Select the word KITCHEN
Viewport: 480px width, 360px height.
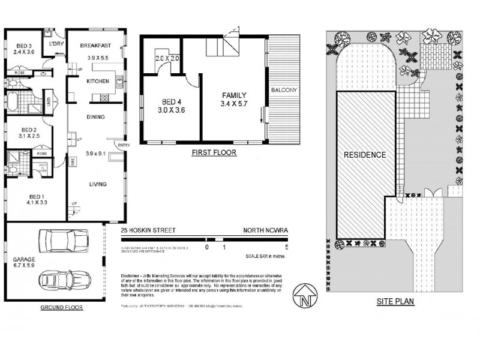pos(97,81)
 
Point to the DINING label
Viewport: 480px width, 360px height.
pos(96,116)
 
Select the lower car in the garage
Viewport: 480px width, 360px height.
pos(63,280)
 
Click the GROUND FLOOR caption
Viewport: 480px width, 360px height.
pos(62,307)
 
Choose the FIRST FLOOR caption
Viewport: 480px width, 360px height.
pos(214,153)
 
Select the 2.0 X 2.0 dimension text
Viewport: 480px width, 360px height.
pos(167,58)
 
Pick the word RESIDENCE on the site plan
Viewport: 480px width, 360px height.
pos(365,154)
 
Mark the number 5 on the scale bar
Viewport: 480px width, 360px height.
pos(287,247)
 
